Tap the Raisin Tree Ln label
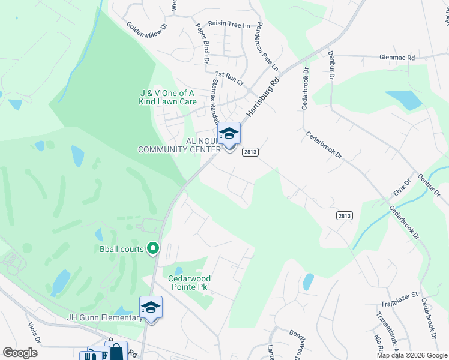(229, 25)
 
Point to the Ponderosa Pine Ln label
(268, 38)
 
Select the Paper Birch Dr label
(202, 43)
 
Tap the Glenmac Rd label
(397, 58)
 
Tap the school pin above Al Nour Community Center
(229, 133)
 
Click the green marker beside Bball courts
(153, 247)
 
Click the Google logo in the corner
(20, 353)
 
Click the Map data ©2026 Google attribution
(411, 355)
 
